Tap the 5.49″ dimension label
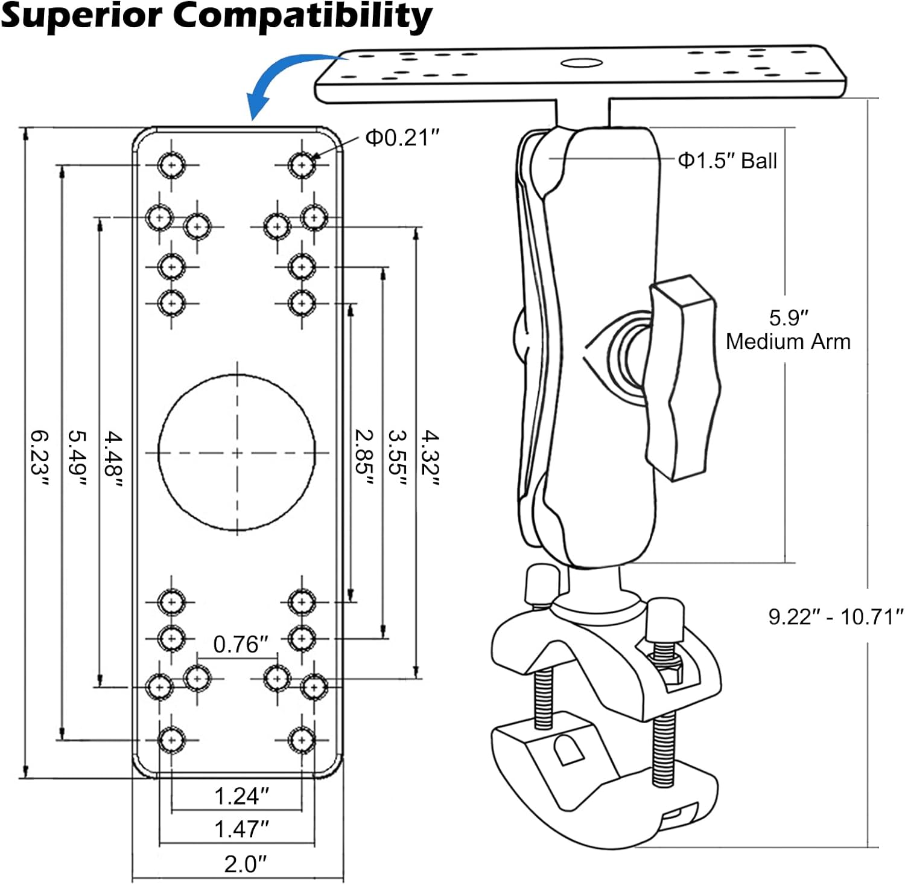coord(77,457)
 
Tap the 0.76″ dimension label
coord(240,644)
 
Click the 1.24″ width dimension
coord(241,796)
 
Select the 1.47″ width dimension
coord(241,829)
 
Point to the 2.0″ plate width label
coord(245,864)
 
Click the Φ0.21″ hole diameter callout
coord(402,138)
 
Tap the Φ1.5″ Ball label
coord(727,161)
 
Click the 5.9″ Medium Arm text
coord(788,330)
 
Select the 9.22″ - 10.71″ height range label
coord(836,616)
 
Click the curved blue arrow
coord(284,78)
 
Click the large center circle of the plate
coord(237,452)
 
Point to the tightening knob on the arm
coord(682,377)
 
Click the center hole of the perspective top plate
coord(581,63)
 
